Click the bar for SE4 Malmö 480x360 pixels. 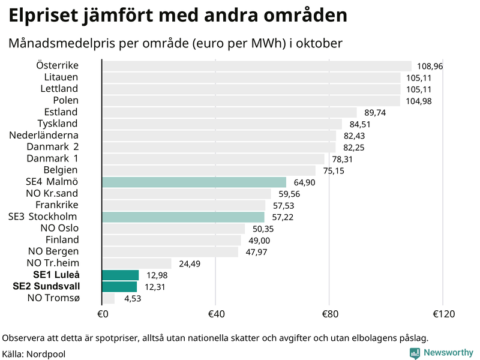click(x=194, y=182)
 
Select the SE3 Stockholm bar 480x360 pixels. click(x=183, y=217)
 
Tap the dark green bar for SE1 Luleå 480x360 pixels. click(x=121, y=275)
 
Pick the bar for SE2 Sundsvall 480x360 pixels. click(x=119, y=287)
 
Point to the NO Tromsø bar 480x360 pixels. click(x=109, y=298)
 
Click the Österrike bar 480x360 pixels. click(x=257, y=66)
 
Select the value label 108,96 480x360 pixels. click(x=431, y=67)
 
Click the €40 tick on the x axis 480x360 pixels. click(x=215, y=314)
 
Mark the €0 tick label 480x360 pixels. click(x=102, y=314)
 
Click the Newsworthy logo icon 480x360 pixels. click(x=415, y=353)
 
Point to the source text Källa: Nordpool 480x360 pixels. click(x=34, y=354)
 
